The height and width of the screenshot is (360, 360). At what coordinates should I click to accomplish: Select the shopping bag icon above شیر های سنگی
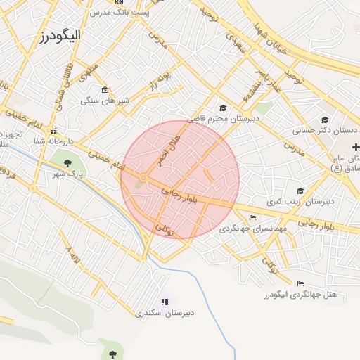105,89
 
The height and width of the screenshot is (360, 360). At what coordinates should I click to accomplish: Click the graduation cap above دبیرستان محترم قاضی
223,108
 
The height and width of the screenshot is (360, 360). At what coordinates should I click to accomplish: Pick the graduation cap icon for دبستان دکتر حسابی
324,120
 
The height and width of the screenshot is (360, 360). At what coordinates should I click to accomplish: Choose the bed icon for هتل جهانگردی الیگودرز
263,285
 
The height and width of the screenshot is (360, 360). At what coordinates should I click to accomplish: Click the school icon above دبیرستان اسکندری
165,302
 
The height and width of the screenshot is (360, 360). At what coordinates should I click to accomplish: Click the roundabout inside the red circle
143,179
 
